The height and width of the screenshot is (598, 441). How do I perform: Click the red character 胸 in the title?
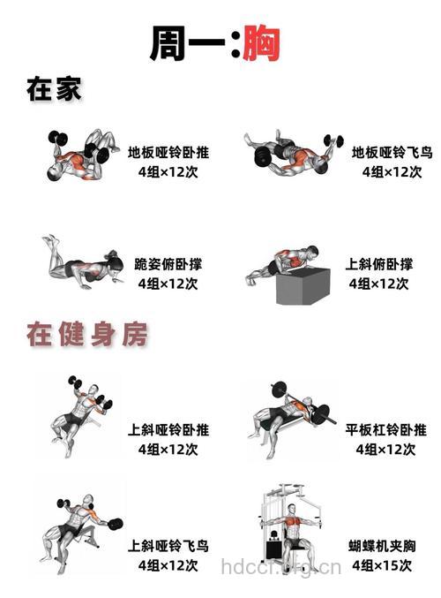(x=262, y=42)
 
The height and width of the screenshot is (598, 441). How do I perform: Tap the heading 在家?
(x=55, y=90)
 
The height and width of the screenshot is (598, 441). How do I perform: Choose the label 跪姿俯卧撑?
(x=170, y=264)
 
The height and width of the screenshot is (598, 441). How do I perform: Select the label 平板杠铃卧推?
(x=385, y=430)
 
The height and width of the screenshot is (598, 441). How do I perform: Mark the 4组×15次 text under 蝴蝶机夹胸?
(x=382, y=565)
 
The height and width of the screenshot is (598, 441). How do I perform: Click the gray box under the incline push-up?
(x=303, y=285)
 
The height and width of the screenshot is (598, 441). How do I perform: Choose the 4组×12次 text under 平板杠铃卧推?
(x=385, y=450)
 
